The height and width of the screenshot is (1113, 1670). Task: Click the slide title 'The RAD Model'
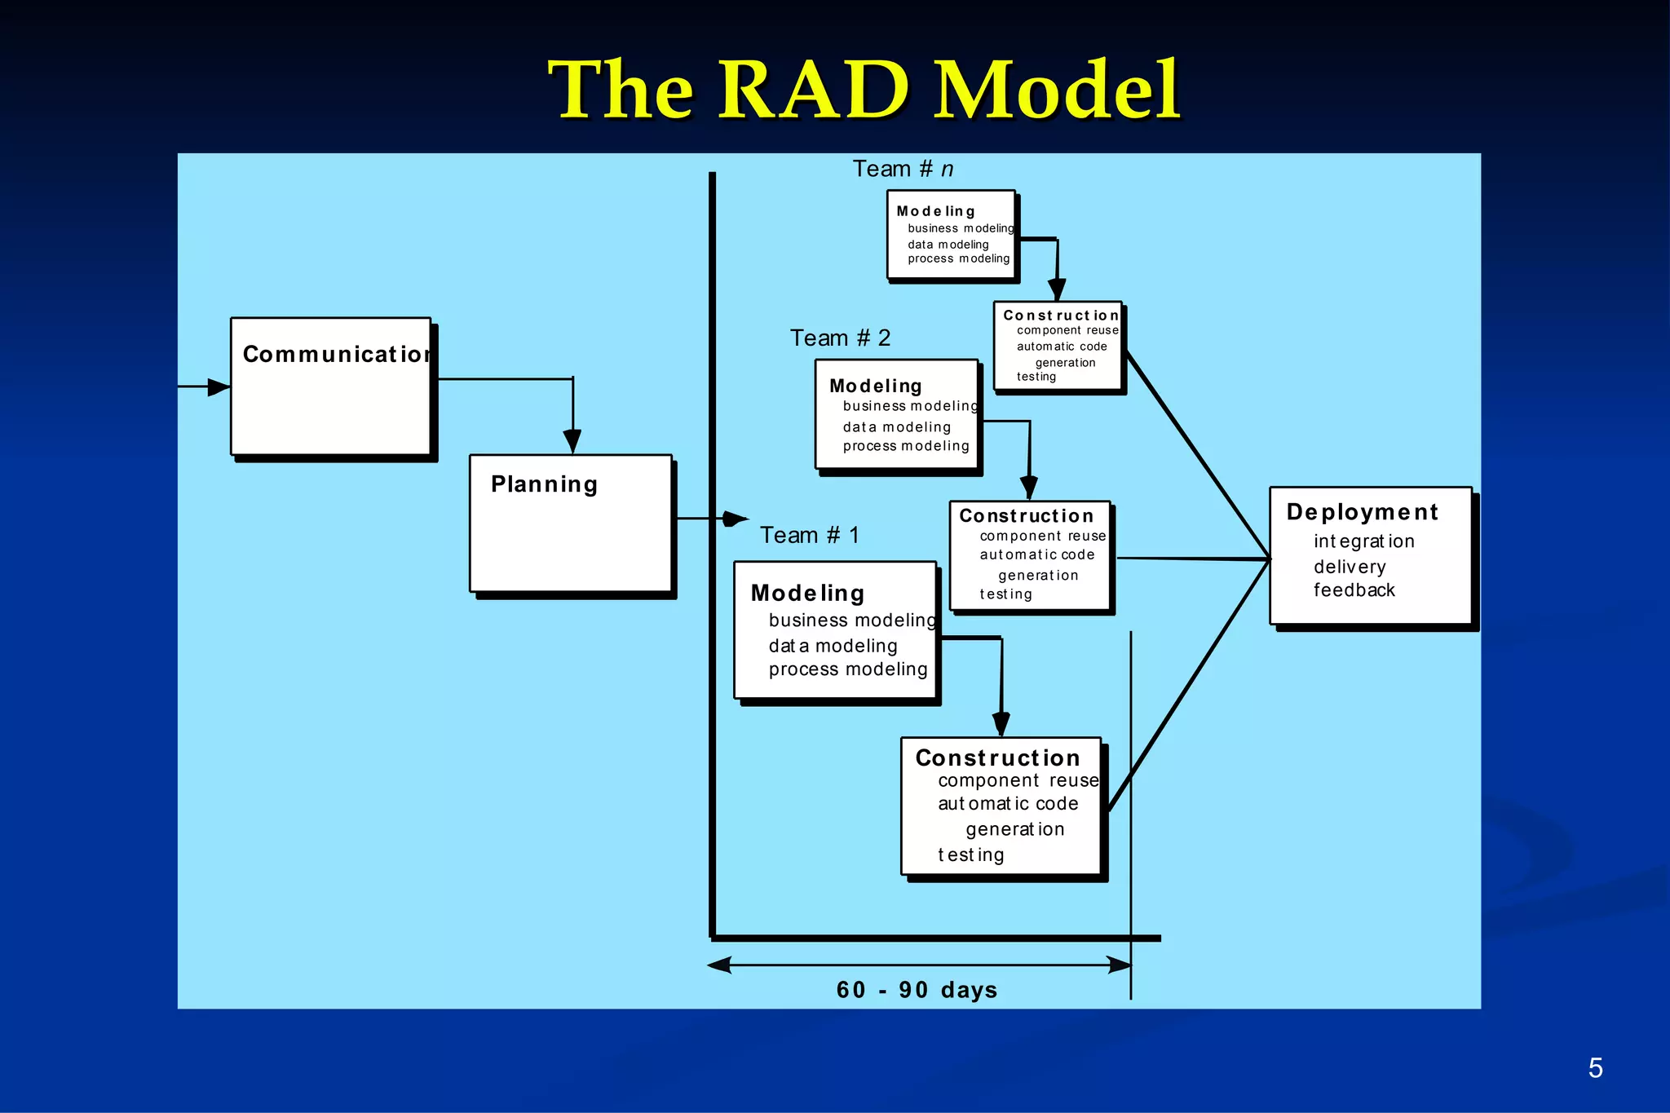pyautogui.click(x=864, y=90)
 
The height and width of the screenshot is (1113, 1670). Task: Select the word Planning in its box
pyautogui.click(x=544, y=484)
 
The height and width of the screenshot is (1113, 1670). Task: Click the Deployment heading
pyautogui.click(x=1362, y=512)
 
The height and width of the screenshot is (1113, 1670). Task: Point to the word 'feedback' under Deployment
pyautogui.click(x=1354, y=590)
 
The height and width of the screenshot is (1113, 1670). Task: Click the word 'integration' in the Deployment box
pyautogui.click(x=1363, y=541)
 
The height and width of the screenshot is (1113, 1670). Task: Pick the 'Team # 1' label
pyautogui.click(x=809, y=535)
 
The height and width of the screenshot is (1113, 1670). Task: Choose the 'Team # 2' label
pyautogui.click(x=840, y=338)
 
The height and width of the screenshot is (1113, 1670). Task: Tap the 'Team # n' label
pyautogui.click(x=903, y=169)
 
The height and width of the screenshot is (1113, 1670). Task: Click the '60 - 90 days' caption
pyautogui.click(x=917, y=990)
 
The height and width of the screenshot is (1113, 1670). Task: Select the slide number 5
pyautogui.click(x=1595, y=1068)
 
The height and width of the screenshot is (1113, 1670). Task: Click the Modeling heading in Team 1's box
pyautogui.click(x=807, y=593)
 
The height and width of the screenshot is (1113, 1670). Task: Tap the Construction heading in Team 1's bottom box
pyautogui.click(x=997, y=757)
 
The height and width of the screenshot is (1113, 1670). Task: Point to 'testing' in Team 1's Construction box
pyautogui.click(x=970, y=855)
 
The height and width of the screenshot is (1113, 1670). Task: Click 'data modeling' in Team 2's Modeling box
pyautogui.click(x=896, y=426)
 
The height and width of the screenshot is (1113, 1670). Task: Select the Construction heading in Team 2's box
pyautogui.click(x=1026, y=515)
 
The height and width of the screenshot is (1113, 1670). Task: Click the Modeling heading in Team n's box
pyautogui.click(x=935, y=211)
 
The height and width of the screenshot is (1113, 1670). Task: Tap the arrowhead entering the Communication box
pyautogui.click(x=219, y=386)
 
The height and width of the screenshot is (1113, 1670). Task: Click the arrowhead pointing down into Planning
pyautogui.click(x=572, y=441)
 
